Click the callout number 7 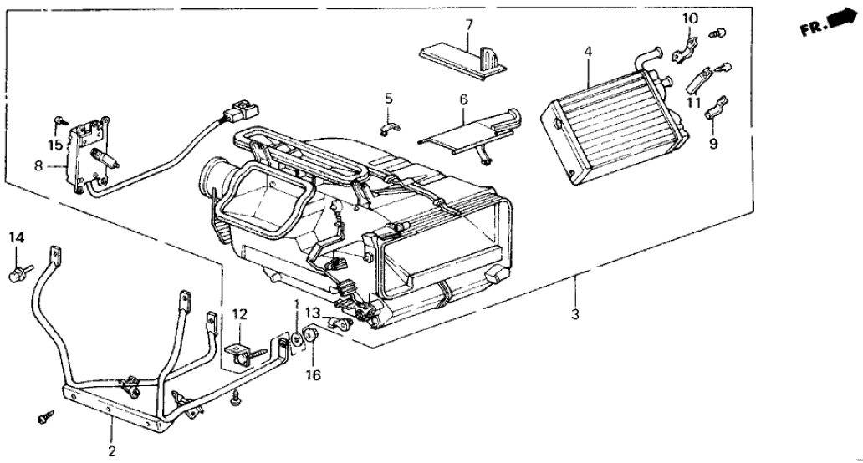[x=468, y=24]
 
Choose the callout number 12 [x=241, y=314]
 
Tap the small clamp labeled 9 [x=716, y=108]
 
